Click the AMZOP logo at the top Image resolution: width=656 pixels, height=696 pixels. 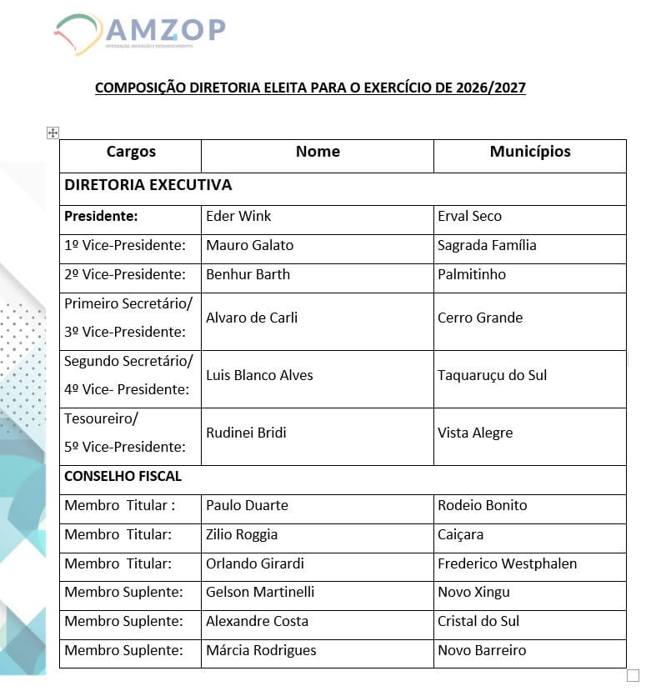coord(140,33)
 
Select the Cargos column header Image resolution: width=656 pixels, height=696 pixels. coord(131,152)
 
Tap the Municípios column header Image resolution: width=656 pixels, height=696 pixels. coord(530,152)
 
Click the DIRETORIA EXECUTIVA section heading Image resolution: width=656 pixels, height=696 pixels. coord(148,185)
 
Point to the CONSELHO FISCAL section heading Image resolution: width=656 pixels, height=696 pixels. coord(123,477)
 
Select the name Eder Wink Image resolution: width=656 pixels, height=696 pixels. coord(238,217)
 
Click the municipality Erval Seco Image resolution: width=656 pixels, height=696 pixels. coord(469,217)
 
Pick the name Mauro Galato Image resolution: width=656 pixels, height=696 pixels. coord(249,246)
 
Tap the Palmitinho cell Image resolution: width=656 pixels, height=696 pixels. coord(471,275)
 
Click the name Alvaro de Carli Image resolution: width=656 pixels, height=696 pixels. coord(252,318)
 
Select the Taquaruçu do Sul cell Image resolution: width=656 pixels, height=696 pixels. coord(492,375)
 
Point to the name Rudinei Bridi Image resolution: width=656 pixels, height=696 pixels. coord(246,433)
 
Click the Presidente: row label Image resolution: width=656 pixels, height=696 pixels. coord(101,217)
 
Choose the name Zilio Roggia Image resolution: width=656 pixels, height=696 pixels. coord(242,534)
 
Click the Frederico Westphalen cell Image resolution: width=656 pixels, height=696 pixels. coord(507,563)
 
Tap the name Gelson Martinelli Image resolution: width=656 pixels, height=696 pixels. coord(260,593)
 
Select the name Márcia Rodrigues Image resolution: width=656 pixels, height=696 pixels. coord(261,651)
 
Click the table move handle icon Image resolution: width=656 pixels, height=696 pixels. coord(53,133)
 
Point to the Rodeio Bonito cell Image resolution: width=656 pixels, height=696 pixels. coord(482,505)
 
